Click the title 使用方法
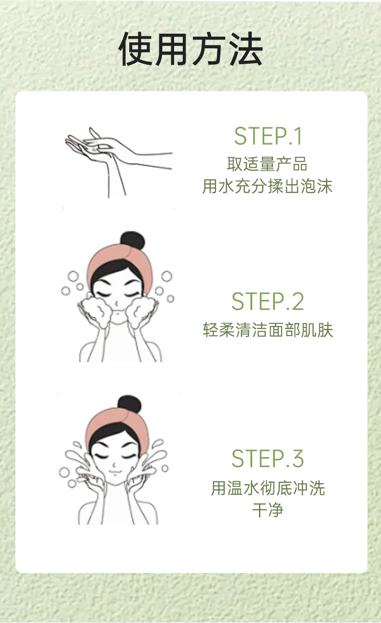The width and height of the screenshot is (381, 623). pyautogui.click(x=190, y=49)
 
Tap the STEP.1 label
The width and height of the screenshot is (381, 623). pyautogui.click(x=268, y=136)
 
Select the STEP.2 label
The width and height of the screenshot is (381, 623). pyautogui.click(x=268, y=301)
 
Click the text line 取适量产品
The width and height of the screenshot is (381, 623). pyautogui.click(x=267, y=164)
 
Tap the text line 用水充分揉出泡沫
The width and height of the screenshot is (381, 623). pyautogui.click(x=267, y=186)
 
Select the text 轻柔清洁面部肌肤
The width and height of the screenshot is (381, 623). pyautogui.click(x=268, y=330)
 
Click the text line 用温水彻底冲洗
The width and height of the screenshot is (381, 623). pyautogui.click(x=268, y=488)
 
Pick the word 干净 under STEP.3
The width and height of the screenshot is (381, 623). pyautogui.click(x=268, y=510)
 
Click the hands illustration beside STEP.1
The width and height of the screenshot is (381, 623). pyautogui.click(x=119, y=162)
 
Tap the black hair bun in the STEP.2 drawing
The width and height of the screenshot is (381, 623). pyautogui.click(x=132, y=241)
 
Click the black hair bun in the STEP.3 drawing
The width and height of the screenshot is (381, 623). pyautogui.click(x=129, y=405)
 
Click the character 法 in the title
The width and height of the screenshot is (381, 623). pyautogui.click(x=246, y=49)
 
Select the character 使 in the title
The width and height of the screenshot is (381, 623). pyautogui.click(x=136, y=49)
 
